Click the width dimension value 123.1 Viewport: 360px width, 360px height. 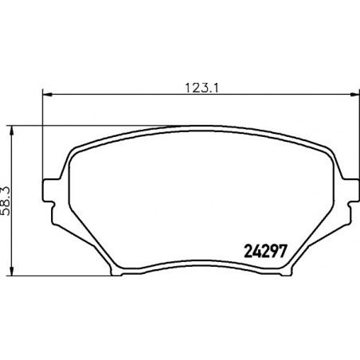pyautogui.click(x=202, y=88)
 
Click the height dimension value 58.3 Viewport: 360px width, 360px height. pyautogui.click(x=6, y=201)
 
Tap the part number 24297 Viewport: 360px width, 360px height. pyautogui.click(x=265, y=251)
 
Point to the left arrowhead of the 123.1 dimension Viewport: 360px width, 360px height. pyautogui.click(x=47, y=94)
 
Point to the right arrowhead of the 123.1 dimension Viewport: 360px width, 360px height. pyautogui.click(x=355, y=94)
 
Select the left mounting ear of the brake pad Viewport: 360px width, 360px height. pyautogui.click(x=51, y=190)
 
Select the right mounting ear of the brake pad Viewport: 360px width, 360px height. pyautogui.click(x=350, y=190)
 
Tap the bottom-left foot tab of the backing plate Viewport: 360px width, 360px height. pyautogui.click(x=116, y=272)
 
